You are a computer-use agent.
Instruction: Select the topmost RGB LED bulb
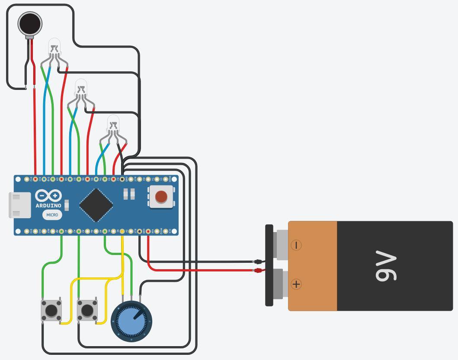click(54, 45)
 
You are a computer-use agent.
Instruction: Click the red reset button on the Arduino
click(161, 197)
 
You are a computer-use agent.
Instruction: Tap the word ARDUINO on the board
click(48, 206)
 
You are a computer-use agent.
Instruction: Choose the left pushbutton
click(51, 310)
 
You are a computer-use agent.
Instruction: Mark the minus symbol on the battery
click(296, 245)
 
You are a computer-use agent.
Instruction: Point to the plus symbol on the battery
click(296, 284)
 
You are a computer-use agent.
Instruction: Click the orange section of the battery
click(312, 266)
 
